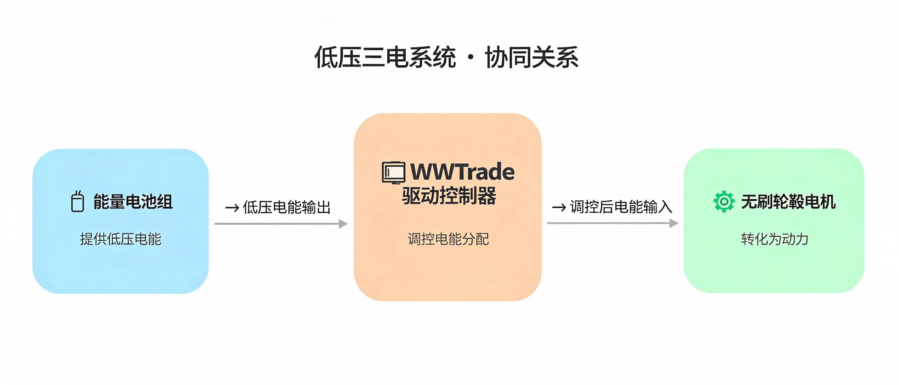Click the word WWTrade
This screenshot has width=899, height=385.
(x=462, y=172)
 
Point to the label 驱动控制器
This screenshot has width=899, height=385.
(x=449, y=196)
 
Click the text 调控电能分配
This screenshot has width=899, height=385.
(x=448, y=239)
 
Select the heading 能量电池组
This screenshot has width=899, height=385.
(x=133, y=202)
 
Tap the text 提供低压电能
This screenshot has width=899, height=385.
(x=121, y=239)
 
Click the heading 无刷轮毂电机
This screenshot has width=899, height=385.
(x=788, y=202)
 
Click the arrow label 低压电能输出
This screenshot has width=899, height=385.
(x=286, y=207)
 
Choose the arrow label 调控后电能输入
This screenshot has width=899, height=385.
(x=621, y=207)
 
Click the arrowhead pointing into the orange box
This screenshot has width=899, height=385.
(x=343, y=223)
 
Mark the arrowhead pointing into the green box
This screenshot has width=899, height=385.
(x=674, y=223)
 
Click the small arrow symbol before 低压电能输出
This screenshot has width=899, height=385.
(x=232, y=208)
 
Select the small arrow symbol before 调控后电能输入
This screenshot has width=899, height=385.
(x=559, y=207)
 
